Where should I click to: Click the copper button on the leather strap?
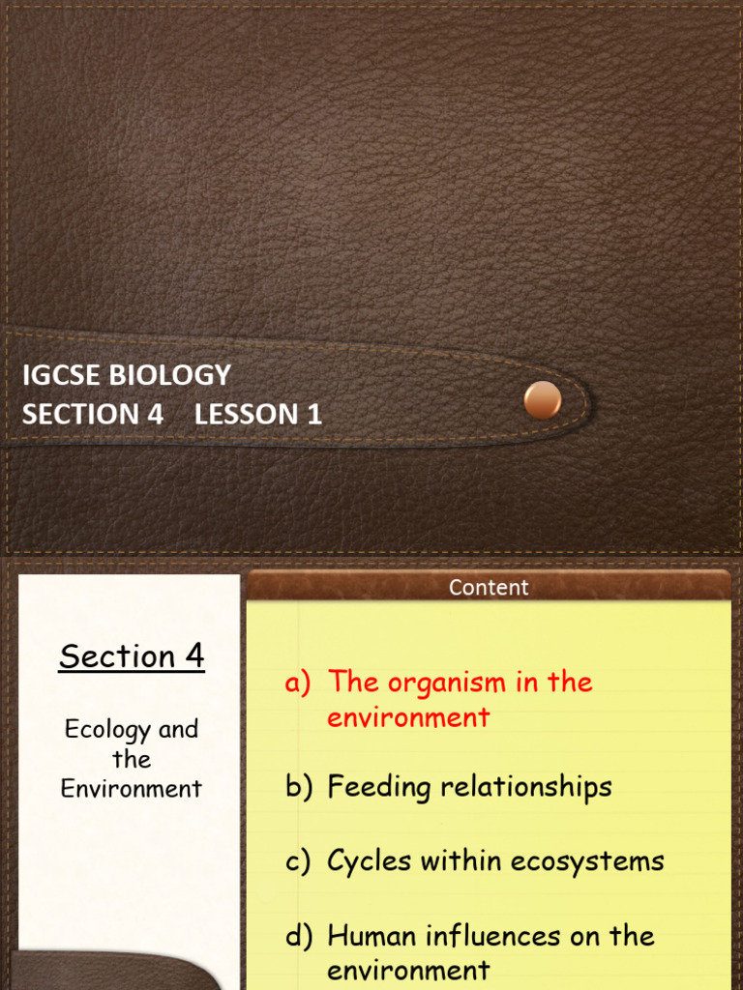[542, 400]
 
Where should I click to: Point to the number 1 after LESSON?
[313, 415]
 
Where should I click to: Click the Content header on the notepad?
[489, 587]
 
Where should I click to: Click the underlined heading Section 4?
[132, 656]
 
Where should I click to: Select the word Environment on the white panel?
[132, 789]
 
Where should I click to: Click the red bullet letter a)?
[298, 684]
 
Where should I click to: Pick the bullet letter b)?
[298, 787]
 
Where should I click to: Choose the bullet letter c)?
[298, 861]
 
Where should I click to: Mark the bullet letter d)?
[298, 936]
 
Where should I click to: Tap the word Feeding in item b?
[379, 788]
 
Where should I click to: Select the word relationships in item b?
[526, 787]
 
